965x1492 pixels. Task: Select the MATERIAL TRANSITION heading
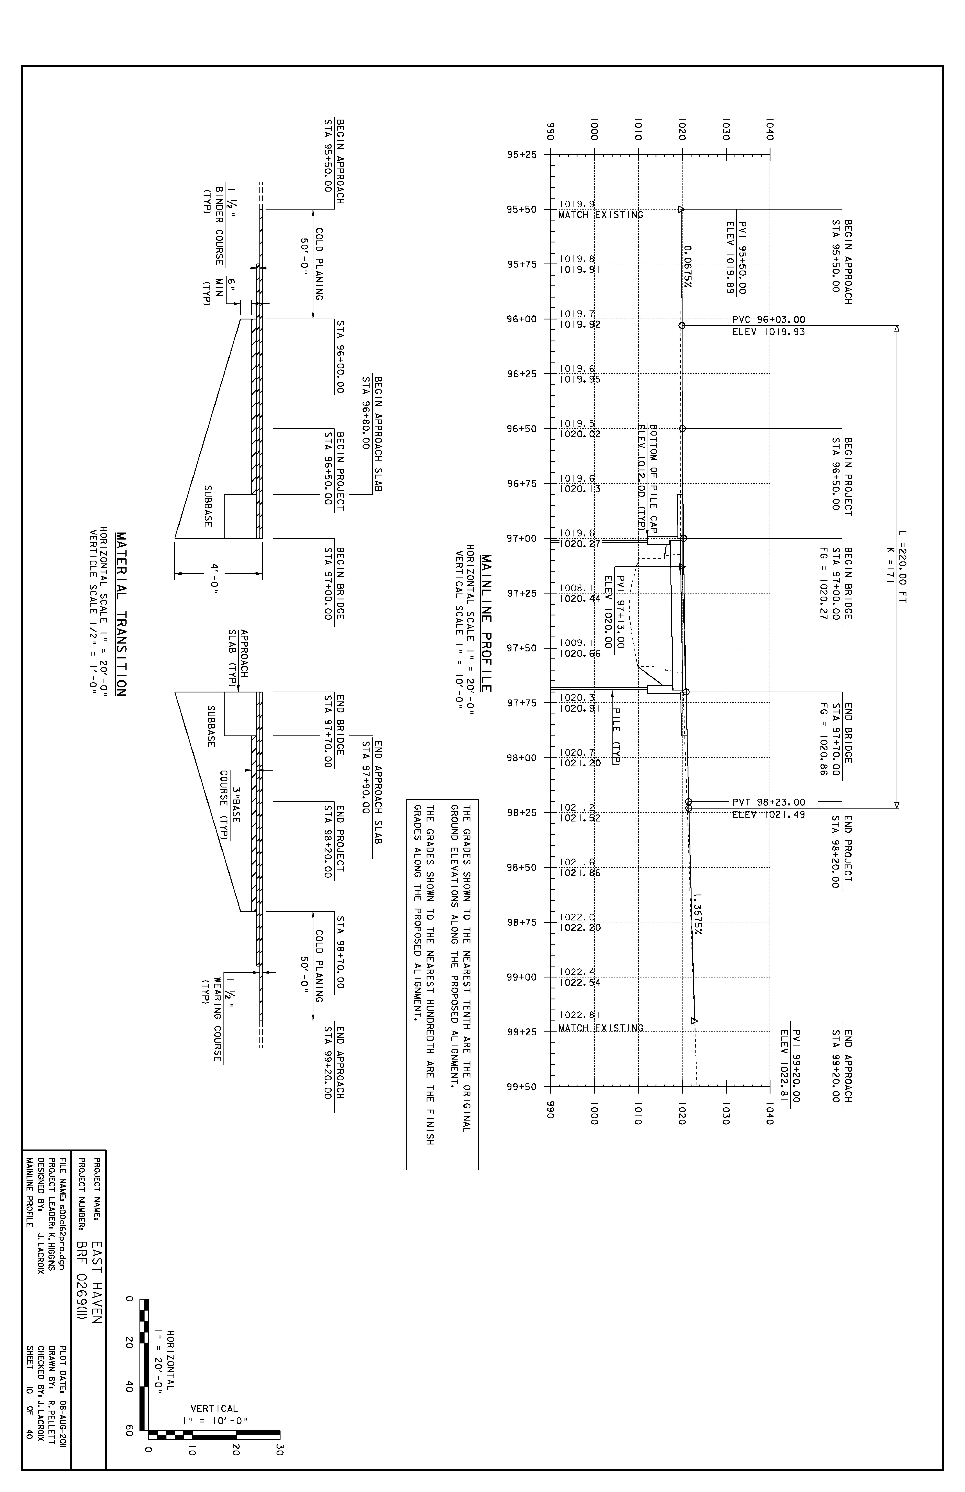click(122, 614)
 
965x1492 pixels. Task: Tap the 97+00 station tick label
click(522, 538)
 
